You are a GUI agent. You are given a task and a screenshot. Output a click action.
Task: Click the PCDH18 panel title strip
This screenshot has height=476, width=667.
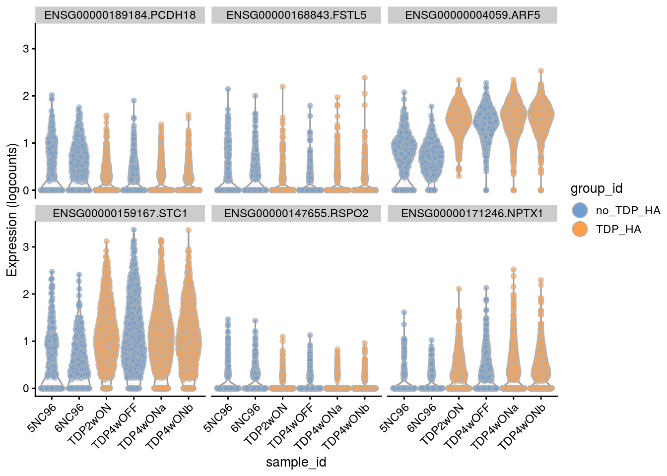click(x=120, y=15)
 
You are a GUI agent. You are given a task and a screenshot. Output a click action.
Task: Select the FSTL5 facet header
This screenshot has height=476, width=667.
click(x=296, y=15)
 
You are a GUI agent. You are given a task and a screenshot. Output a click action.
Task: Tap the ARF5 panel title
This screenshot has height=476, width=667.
click(x=472, y=15)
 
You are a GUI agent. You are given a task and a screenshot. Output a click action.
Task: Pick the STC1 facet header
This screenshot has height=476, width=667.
click(x=120, y=214)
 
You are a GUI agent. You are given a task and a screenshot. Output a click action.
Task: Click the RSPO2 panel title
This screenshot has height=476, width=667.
click(x=296, y=214)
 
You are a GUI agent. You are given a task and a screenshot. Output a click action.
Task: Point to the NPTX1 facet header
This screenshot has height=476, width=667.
click(x=472, y=214)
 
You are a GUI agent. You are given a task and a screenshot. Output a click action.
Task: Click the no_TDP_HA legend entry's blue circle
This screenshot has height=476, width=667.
click(x=580, y=210)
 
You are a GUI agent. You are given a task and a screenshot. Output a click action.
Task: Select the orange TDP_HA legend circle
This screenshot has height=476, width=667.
click(x=580, y=229)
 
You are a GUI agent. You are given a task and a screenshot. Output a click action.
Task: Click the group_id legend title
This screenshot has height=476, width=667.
click(x=596, y=188)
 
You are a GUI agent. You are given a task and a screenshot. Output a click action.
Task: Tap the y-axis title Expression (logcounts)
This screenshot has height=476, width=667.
click(x=12, y=210)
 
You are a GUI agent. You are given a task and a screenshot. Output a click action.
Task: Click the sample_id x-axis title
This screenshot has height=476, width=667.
click(x=296, y=462)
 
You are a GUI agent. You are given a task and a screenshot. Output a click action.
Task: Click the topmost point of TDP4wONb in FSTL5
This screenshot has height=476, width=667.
click(x=364, y=78)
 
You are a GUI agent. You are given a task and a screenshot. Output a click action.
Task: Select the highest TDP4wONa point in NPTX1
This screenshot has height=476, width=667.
click(x=514, y=270)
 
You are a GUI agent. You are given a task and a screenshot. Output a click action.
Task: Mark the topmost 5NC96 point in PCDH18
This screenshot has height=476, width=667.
click(x=52, y=95)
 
